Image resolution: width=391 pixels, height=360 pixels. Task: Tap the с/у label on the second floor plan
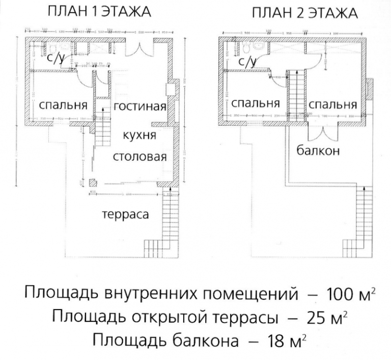tap(247, 62)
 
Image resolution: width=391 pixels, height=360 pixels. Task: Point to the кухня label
tap(139, 135)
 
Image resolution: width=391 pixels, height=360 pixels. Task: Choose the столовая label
tap(139, 156)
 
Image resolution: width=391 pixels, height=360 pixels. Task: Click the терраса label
tap(125, 214)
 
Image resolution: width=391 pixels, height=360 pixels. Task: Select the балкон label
tap(319, 150)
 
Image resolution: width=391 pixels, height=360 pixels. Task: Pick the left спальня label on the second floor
tap(256, 103)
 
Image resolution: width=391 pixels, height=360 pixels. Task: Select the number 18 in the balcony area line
tap(272, 340)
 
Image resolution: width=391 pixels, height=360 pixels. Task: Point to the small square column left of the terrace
tap(93, 183)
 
